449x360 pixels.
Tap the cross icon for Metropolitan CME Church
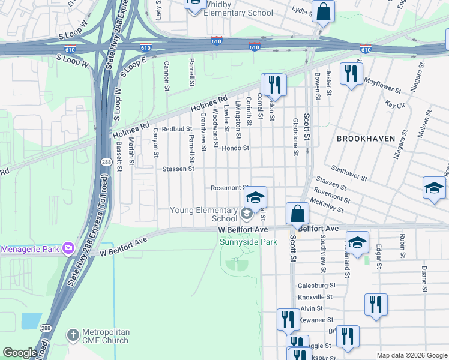pyautogui.click(x=73, y=334)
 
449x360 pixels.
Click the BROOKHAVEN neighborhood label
pyautogui.click(x=366, y=138)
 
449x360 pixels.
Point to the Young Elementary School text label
pyautogui.click(x=204, y=214)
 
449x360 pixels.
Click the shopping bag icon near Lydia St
pyautogui.click(x=323, y=12)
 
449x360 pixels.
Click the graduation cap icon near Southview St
pyautogui.click(x=357, y=243)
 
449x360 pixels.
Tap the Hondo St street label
pyautogui.click(x=235, y=148)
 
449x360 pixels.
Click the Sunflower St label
pyautogui.click(x=349, y=175)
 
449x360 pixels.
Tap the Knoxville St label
pyautogui.click(x=315, y=297)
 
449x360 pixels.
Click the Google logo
pyautogui.click(x=20, y=353)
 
